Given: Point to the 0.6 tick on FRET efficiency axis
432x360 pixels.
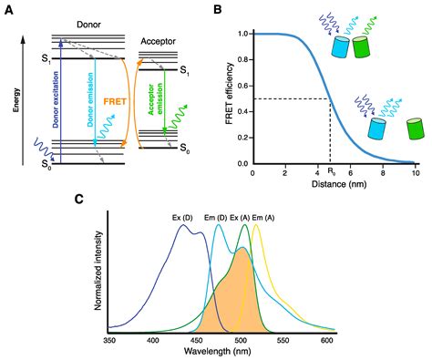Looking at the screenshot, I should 242,86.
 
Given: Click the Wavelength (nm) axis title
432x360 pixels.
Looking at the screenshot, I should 219,352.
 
